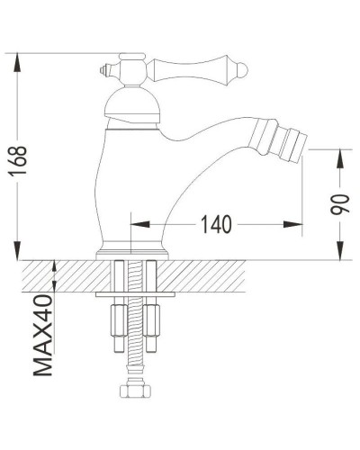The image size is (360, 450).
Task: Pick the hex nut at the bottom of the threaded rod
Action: [x=131, y=393]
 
